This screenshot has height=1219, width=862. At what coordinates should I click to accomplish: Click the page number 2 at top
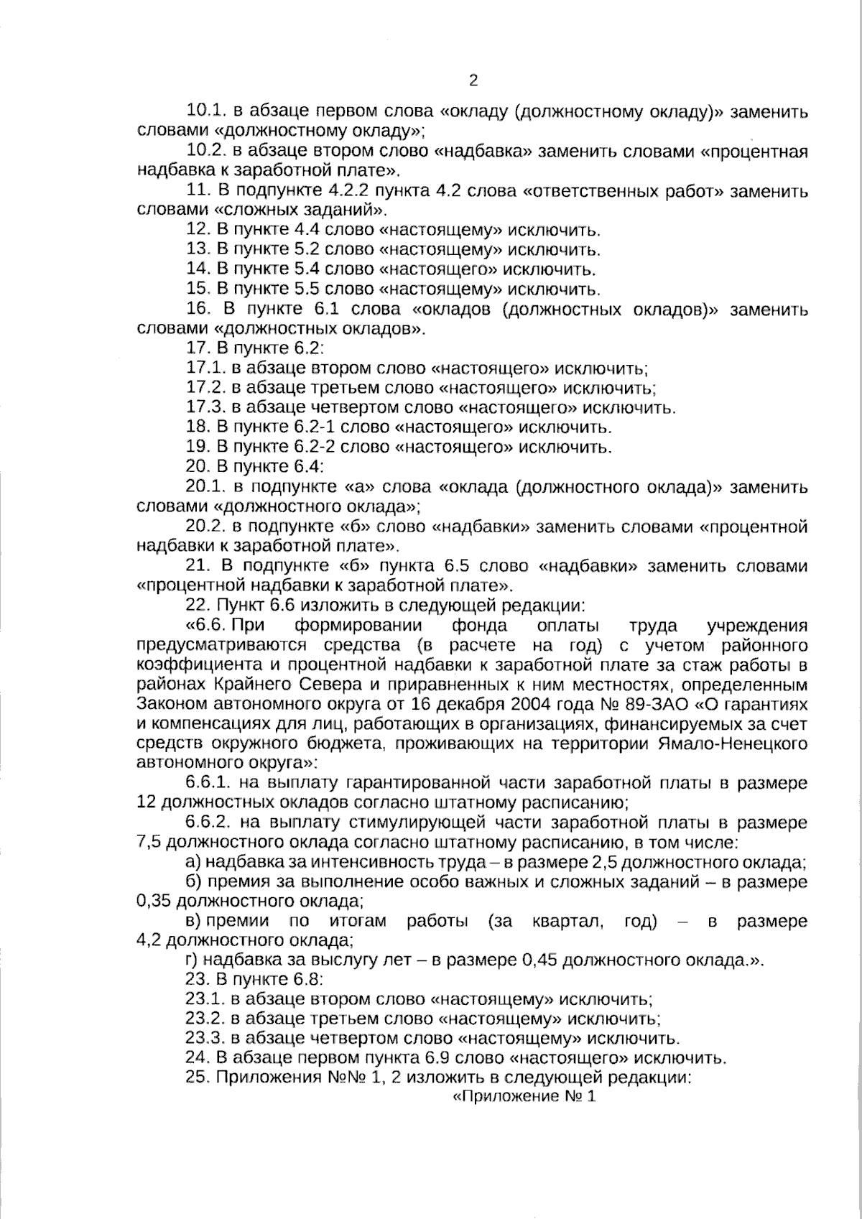pyautogui.click(x=473, y=80)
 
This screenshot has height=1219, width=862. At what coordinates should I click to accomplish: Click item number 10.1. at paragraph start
pyautogui.click(x=207, y=112)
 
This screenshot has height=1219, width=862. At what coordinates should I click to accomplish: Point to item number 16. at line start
pyautogui.click(x=197, y=310)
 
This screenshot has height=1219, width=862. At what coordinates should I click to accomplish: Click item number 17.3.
pyautogui.click(x=206, y=408)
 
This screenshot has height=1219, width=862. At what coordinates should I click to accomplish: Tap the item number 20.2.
pyautogui.click(x=207, y=527)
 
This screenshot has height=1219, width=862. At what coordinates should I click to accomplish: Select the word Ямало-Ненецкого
pyautogui.click(x=732, y=743)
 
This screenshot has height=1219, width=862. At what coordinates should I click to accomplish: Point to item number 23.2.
pyautogui.click(x=206, y=1019)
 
